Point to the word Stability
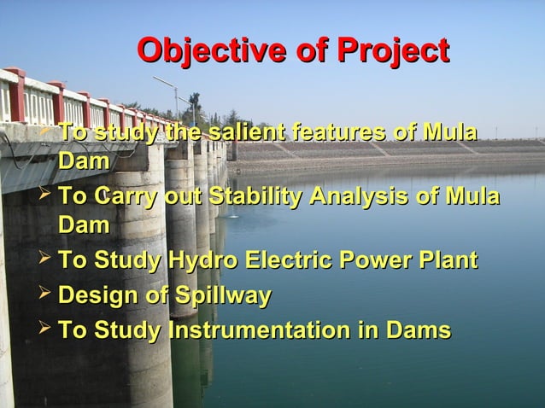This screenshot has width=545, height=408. tap(256, 198)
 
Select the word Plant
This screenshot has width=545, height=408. tap(444, 262)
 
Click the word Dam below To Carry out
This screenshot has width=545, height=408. tap(84, 225)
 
